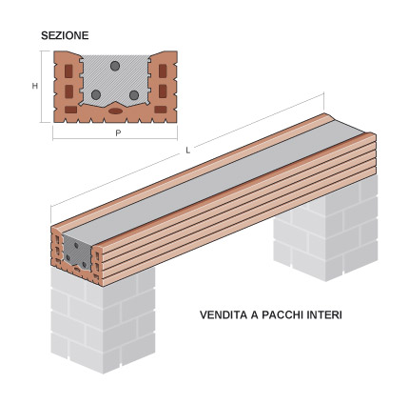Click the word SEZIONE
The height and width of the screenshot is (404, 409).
[66, 35]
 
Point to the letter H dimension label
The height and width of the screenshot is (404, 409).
[35, 86]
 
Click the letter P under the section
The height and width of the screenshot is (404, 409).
[117, 134]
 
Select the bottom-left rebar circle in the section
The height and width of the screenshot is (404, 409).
[95, 95]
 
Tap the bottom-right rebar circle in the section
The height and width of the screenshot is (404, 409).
[136, 95]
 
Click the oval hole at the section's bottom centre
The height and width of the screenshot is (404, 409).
[116, 111]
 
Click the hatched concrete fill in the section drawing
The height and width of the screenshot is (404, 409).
[115, 84]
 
